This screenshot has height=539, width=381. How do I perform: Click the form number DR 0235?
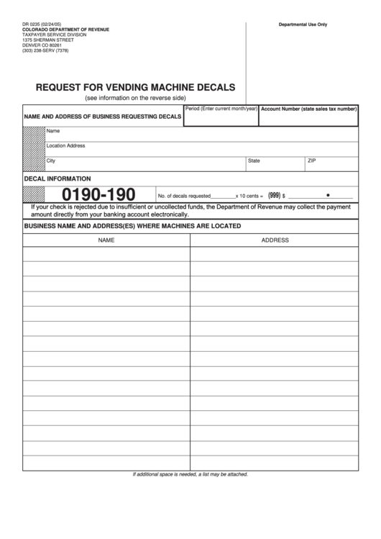click(32, 24)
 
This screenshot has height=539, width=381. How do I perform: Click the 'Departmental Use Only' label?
click(303, 24)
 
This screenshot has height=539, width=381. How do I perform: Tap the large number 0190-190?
click(98, 194)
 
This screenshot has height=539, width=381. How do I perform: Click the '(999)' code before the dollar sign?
click(274, 194)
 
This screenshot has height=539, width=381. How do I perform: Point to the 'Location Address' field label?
click(65, 145)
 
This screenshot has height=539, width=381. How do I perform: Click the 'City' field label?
click(50, 160)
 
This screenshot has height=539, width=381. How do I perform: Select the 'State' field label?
click(254, 160)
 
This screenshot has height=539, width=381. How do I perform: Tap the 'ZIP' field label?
click(311, 160)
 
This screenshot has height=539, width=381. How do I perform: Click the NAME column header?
click(106, 240)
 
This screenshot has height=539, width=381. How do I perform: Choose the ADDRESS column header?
click(275, 240)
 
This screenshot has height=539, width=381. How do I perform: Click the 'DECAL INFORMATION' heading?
click(58, 178)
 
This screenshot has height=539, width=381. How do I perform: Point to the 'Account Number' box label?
click(308, 109)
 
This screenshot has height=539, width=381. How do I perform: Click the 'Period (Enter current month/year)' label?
click(221, 108)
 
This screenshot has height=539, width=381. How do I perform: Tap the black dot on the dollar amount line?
click(328, 194)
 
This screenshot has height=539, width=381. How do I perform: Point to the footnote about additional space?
click(190, 474)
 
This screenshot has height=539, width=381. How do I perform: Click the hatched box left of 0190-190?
click(33, 194)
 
